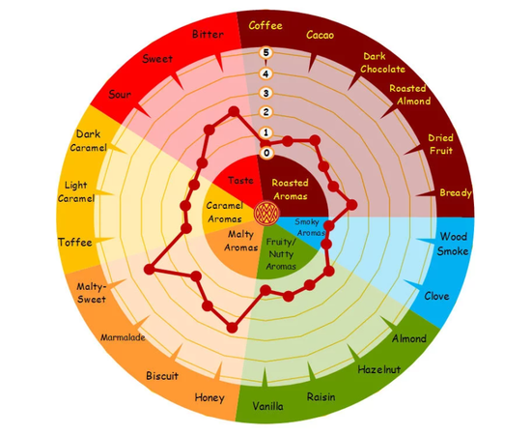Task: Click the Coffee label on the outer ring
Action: (x=265, y=26)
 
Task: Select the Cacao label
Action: (x=320, y=35)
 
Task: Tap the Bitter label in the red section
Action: (x=208, y=34)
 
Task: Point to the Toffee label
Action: (x=75, y=242)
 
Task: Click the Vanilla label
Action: (x=267, y=406)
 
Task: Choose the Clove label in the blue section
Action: (x=436, y=296)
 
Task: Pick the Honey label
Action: (x=210, y=397)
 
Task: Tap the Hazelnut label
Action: (x=379, y=369)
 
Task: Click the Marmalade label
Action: (x=123, y=337)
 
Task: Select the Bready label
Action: (x=456, y=193)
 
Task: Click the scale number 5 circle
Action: (x=265, y=53)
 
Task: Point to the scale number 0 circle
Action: (x=266, y=153)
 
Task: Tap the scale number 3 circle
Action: (x=265, y=93)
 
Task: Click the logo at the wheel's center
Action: (x=266, y=214)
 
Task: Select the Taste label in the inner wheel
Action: (x=240, y=181)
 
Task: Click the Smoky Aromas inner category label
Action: (x=310, y=227)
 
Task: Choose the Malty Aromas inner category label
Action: (x=240, y=241)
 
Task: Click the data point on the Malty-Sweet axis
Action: (x=149, y=270)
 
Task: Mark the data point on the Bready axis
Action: (x=352, y=205)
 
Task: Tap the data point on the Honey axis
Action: (x=232, y=328)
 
